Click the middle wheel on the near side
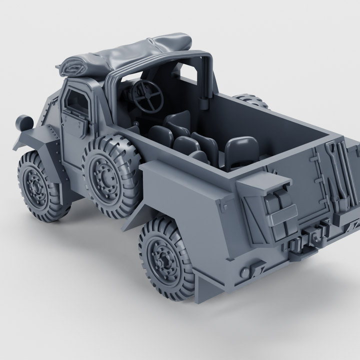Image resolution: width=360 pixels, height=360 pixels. (107, 173)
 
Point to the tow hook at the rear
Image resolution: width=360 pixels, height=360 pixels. (314, 235)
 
